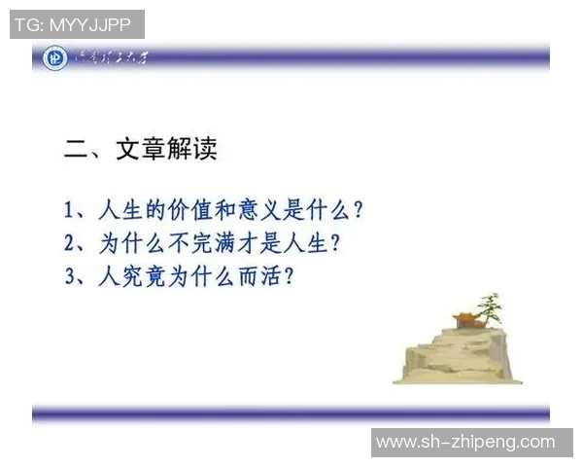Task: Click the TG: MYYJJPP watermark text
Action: pos(77,24)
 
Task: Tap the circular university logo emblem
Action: pos(55,58)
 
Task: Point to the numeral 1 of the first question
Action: pos(69,209)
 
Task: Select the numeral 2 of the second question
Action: pos(69,242)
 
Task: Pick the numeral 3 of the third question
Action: pos(69,276)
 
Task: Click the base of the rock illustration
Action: pos(451,375)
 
